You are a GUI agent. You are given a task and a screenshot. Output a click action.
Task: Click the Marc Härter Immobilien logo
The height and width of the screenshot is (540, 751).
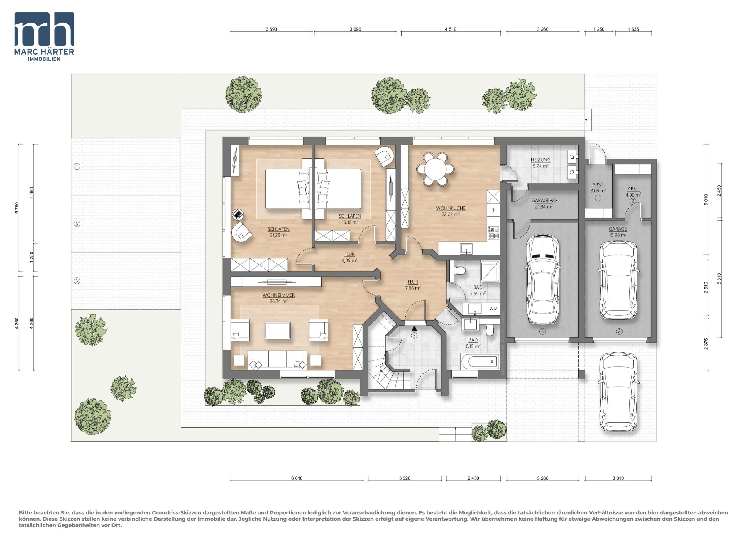(44, 37)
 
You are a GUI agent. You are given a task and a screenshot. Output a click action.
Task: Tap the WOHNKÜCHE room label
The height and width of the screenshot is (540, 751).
(450, 208)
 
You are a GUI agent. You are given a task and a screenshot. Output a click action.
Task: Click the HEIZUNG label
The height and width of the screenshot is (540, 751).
(540, 160)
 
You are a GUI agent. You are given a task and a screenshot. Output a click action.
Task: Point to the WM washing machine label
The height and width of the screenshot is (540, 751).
(493, 309)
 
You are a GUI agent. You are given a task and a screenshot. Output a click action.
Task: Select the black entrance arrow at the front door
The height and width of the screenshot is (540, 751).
(414, 329)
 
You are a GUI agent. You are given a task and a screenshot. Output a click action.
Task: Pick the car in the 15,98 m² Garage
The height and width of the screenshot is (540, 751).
(618, 280)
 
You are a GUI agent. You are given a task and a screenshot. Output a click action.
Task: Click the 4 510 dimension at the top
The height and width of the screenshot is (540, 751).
(450, 29)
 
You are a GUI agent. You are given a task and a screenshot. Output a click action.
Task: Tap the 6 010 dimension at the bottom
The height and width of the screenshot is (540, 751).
(297, 478)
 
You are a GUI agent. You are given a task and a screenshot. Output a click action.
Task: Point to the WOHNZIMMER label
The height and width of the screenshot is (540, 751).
(278, 295)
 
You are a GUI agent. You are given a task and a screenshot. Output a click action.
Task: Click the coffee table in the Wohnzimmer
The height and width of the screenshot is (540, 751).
(278, 330)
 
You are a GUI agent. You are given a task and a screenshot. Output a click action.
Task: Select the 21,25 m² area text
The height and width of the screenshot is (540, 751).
(278, 235)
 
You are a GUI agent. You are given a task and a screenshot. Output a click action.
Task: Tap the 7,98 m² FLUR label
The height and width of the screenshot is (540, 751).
(413, 285)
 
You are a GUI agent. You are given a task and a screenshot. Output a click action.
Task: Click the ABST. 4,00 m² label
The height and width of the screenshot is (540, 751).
(633, 192)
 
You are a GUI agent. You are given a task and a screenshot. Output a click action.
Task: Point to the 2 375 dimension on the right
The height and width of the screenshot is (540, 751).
(706, 344)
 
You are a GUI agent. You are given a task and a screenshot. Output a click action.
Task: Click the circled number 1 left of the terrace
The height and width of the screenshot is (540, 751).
(77, 166)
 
